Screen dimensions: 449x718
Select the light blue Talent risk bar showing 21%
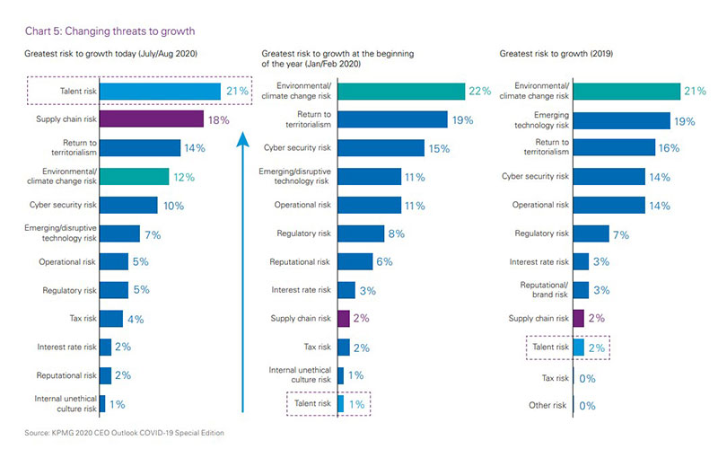click(160, 91)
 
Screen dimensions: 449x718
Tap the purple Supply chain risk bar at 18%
click(151, 119)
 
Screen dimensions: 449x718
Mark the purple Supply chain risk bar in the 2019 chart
click(578, 319)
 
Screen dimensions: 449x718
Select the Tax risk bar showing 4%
click(111, 319)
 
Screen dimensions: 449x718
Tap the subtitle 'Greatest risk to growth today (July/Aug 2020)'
click(110, 54)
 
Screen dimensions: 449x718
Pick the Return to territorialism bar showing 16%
click(614, 148)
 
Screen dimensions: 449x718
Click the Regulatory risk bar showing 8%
click(358, 233)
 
